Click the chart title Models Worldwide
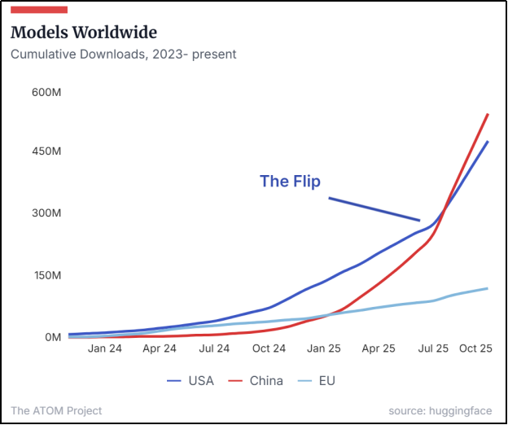pyautogui.click(x=84, y=33)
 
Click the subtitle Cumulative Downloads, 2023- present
pyautogui.click(x=123, y=55)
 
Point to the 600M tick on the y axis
pyautogui.click(x=47, y=93)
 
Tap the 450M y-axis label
pyautogui.click(x=47, y=151)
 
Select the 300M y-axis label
pyautogui.click(x=47, y=213)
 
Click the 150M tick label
pyautogui.click(x=47, y=275)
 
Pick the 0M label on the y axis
pyautogui.click(x=52, y=337)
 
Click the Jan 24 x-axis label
pyautogui.click(x=105, y=348)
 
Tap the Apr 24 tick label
pyautogui.click(x=160, y=348)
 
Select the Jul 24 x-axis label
pyautogui.click(x=214, y=348)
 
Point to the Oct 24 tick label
pyautogui.click(x=269, y=348)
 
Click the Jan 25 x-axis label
pyautogui.click(x=323, y=348)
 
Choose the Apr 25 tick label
pyautogui.click(x=379, y=348)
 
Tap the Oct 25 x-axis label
pyautogui.click(x=476, y=348)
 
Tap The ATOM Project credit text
pyautogui.click(x=57, y=411)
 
